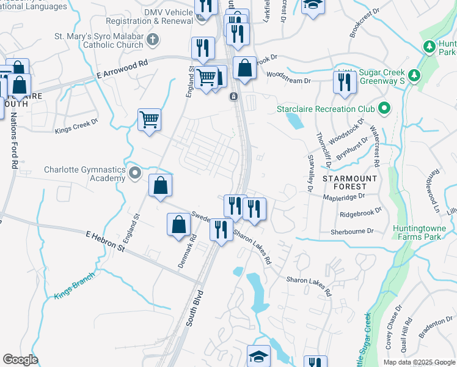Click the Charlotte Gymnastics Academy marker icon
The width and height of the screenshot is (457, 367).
[135, 175]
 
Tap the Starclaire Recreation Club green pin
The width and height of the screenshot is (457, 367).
[384, 109]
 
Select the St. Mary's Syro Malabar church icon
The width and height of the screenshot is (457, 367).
[153, 40]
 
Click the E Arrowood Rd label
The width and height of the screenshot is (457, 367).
[122, 69]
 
